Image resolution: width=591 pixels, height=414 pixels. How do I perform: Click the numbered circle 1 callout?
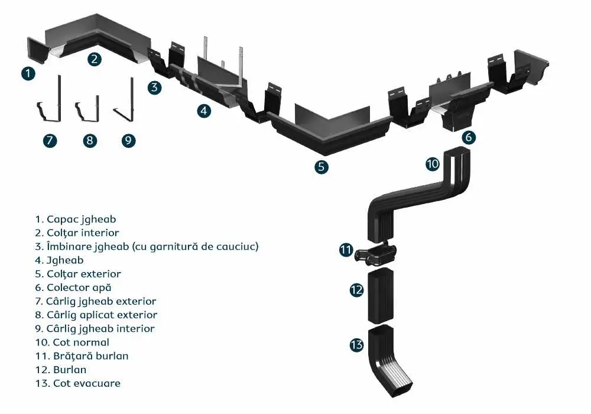pyautogui.click(x=28, y=73)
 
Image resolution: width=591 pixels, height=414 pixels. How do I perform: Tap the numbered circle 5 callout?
pyautogui.click(x=321, y=166)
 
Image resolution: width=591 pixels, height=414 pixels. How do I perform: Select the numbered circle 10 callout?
pyautogui.click(x=433, y=163)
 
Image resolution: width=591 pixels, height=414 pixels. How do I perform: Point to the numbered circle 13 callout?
pyautogui.click(x=356, y=345)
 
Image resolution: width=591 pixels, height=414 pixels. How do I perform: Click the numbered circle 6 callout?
pyautogui.click(x=468, y=137)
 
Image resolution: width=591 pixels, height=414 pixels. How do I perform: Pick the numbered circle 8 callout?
pyautogui.click(x=89, y=140)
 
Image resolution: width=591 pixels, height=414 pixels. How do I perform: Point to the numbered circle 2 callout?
pyautogui.click(x=95, y=59)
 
